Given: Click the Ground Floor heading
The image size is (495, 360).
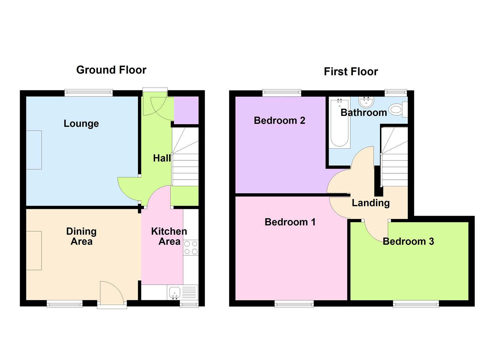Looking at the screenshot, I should (x=111, y=70).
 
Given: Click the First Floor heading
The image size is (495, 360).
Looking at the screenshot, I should (x=351, y=71).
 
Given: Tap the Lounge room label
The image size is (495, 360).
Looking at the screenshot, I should (x=81, y=123).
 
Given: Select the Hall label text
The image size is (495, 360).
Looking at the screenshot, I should (x=162, y=158).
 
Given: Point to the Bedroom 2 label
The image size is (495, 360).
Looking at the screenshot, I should (x=279, y=120).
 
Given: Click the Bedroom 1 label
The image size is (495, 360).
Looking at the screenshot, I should (x=290, y=222).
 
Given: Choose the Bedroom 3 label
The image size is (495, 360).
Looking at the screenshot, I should (x=408, y=241).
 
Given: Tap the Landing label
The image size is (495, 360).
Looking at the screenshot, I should (x=371, y=203).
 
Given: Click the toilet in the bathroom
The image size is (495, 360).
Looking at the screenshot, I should (x=397, y=109).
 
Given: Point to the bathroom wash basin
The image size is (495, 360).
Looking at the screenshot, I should (x=367, y=101).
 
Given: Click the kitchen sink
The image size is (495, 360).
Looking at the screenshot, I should (x=175, y=293).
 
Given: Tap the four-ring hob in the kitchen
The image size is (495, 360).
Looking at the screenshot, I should (x=191, y=248).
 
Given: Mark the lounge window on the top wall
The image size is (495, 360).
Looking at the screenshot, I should (x=89, y=93).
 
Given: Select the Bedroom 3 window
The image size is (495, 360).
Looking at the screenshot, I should (x=416, y=303).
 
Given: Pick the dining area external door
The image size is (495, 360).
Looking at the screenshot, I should (x=112, y=293).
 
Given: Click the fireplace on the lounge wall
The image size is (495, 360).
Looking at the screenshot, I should (x=34, y=150).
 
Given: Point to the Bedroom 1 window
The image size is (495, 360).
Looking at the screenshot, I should (x=294, y=303).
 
